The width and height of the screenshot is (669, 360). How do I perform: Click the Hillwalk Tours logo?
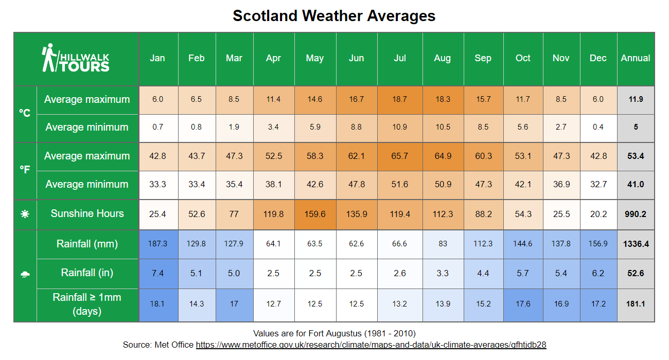click(76, 59)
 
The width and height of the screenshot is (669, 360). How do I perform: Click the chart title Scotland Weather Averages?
click(334, 15)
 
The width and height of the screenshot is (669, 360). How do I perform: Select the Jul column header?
click(400, 58)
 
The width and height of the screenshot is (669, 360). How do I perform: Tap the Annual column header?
click(636, 58)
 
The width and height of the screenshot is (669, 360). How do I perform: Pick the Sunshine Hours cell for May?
click(315, 213)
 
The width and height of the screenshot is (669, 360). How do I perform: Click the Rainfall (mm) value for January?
click(157, 244)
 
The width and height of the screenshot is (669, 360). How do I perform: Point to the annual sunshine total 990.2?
click(636, 213)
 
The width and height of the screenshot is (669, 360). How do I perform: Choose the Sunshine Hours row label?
click(87, 213)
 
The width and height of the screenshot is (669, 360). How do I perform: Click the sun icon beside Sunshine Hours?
click(25, 214)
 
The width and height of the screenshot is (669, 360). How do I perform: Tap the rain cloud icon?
click(25, 275)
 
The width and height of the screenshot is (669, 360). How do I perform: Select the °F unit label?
click(25, 170)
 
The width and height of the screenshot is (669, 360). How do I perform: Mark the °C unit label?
click(25, 113)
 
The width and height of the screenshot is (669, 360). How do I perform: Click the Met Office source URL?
click(371, 345)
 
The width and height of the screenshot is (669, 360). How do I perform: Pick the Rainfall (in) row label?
click(87, 273)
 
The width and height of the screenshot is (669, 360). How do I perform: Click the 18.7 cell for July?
click(400, 99)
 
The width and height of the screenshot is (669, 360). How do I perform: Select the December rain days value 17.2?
click(598, 304)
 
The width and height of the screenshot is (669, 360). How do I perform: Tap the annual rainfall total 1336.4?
click(636, 244)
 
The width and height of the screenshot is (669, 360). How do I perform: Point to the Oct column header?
click(523, 58)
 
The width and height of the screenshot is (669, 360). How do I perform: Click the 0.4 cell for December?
click(598, 127)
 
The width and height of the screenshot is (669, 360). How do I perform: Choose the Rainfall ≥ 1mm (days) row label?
click(87, 304)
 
